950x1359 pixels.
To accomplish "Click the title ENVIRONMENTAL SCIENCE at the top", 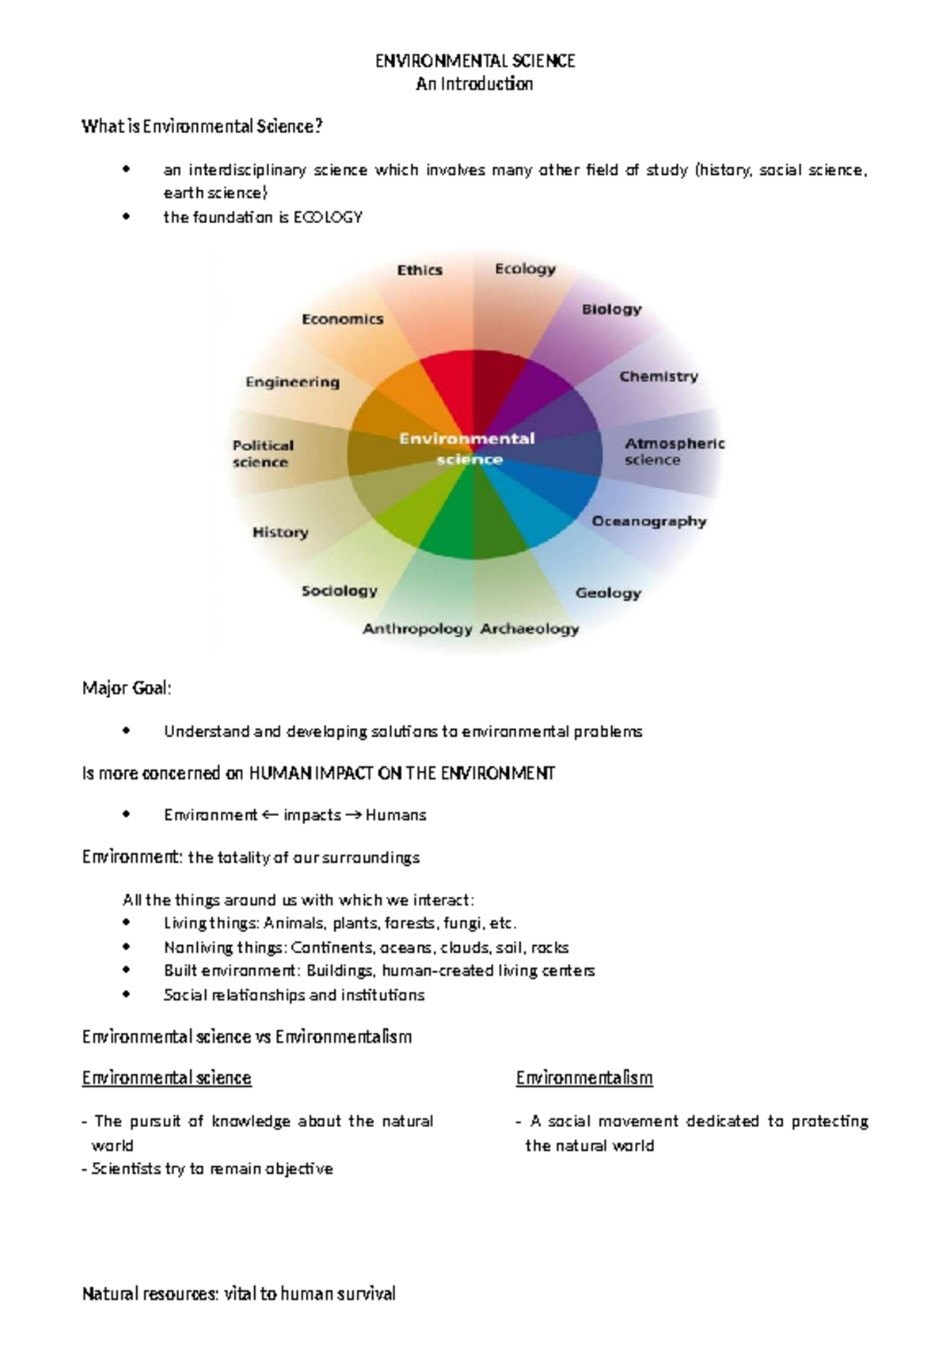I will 475,61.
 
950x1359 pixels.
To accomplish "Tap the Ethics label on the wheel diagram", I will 420,270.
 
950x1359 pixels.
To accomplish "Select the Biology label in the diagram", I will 611,309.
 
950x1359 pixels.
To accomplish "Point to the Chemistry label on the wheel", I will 659,376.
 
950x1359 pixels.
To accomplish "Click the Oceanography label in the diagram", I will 649,521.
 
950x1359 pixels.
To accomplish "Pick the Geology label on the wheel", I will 608,592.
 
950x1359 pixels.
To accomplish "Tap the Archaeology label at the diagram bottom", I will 530,628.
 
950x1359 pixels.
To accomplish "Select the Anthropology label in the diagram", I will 417,628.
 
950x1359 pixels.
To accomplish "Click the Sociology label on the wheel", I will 340,590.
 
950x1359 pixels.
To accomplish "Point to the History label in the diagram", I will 280,532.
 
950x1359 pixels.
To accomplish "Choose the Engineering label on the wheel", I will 292,382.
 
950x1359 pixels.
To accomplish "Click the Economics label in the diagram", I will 343,319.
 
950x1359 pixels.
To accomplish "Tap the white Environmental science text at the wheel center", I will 468,448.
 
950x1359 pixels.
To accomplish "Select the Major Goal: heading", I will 127,688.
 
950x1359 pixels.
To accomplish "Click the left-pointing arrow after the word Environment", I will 270,814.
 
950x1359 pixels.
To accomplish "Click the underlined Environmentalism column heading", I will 584,1077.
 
